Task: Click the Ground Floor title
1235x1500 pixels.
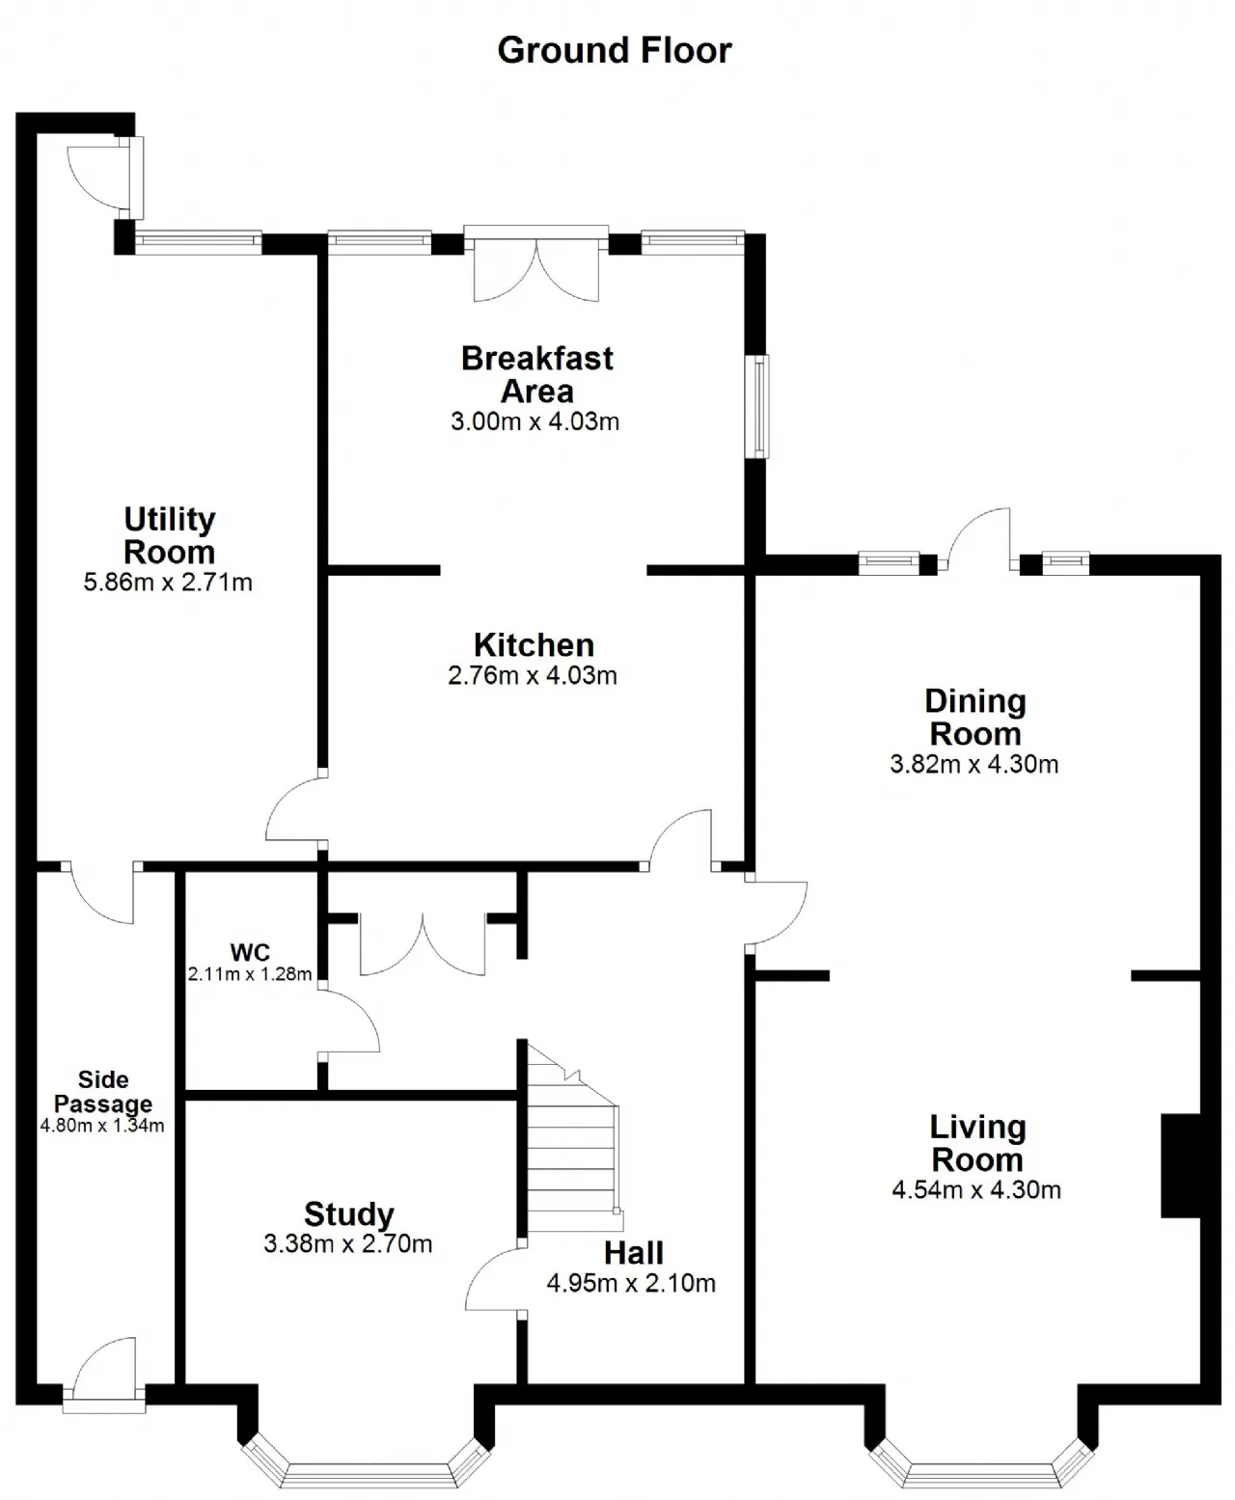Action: (x=615, y=50)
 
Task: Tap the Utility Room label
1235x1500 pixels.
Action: (x=169, y=534)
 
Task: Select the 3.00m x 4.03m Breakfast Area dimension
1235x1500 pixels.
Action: (x=535, y=422)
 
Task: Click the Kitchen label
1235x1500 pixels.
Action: (x=535, y=645)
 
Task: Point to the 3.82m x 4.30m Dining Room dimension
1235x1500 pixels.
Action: (x=974, y=764)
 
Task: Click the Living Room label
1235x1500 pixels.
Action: (x=977, y=1144)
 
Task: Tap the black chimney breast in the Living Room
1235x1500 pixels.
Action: (x=1182, y=1165)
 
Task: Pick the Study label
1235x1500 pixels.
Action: (x=348, y=1214)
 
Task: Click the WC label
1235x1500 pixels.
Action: (x=250, y=952)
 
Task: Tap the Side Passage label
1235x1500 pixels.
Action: (x=103, y=1092)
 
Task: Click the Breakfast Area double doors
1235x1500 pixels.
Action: (x=536, y=264)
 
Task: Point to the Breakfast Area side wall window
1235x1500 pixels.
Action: (x=760, y=406)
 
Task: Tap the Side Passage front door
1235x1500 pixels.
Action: (x=104, y=1374)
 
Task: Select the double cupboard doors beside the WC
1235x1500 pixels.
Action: (x=423, y=943)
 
